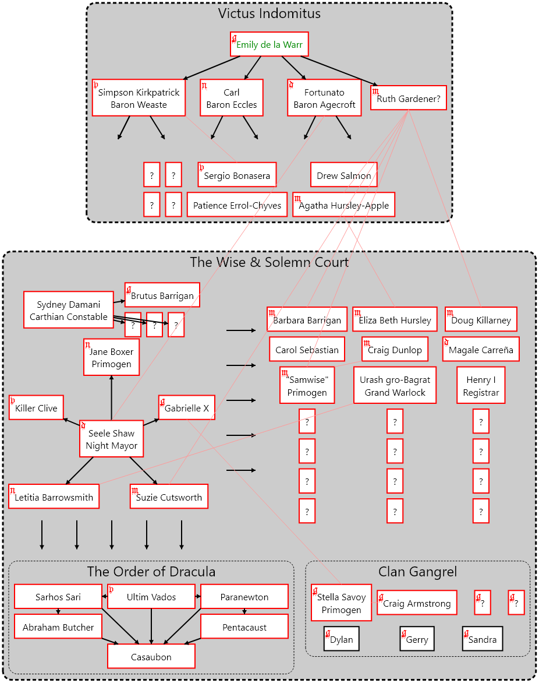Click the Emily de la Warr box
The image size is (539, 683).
click(x=269, y=44)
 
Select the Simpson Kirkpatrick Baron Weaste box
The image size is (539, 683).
click(x=139, y=98)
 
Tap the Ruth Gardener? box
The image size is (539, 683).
click(x=409, y=98)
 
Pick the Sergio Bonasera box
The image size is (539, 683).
click(x=237, y=175)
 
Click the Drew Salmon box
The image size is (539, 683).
click(x=343, y=175)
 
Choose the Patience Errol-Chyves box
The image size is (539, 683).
click(x=237, y=205)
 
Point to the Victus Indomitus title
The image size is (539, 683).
click(x=269, y=13)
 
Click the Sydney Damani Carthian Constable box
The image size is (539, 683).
click(x=69, y=310)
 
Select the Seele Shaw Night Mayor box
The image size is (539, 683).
click(x=111, y=439)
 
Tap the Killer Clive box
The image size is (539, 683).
click(x=36, y=407)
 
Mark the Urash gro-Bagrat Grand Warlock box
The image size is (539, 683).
click(x=395, y=386)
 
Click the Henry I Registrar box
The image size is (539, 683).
click(x=481, y=386)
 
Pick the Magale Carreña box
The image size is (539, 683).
click(x=481, y=349)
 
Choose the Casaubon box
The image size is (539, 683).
click(x=151, y=656)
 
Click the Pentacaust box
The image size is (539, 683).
click(x=244, y=627)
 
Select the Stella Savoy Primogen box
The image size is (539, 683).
click(x=341, y=603)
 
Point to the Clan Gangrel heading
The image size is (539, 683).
click(x=417, y=572)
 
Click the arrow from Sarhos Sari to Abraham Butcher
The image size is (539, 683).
click(x=58, y=611)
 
